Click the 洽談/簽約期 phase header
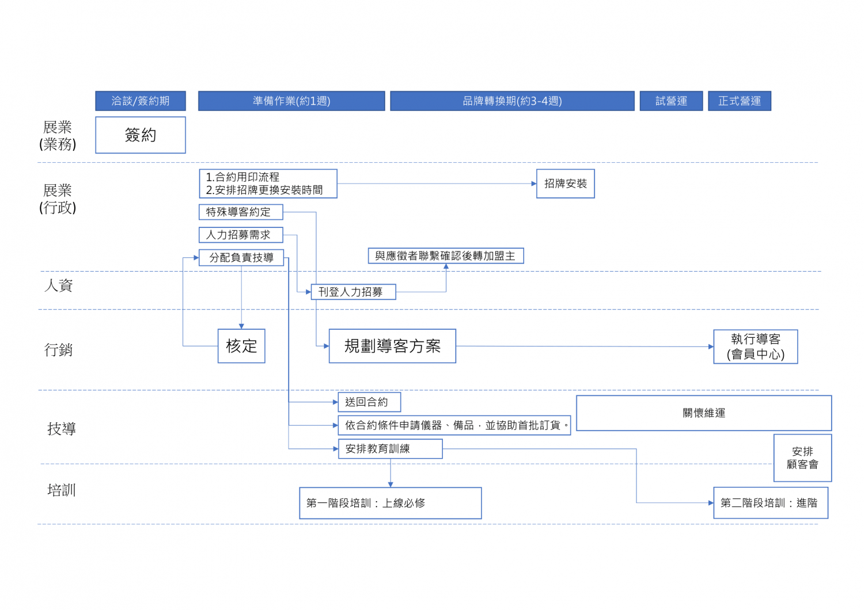click(x=141, y=101)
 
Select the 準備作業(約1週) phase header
click(x=291, y=101)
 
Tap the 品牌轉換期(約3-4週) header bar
click(x=512, y=101)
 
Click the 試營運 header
click(x=671, y=101)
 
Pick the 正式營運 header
click(x=740, y=101)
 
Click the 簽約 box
click(x=141, y=135)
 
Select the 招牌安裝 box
click(x=566, y=184)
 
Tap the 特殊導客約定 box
click(x=241, y=212)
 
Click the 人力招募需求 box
click(x=241, y=235)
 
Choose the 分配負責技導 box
click(x=241, y=257)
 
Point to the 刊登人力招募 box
click(x=353, y=292)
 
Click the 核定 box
click(x=241, y=346)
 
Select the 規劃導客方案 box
click(x=392, y=346)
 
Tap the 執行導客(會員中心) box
click(x=756, y=346)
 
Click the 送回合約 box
click(x=369, y=402)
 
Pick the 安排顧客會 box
click(x=802, y=458)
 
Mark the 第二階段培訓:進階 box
click(x=771, y=503)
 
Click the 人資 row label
click(x=59, y=285)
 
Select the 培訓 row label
click(x=62, y=490)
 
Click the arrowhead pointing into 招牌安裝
click(x=534, y=184)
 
